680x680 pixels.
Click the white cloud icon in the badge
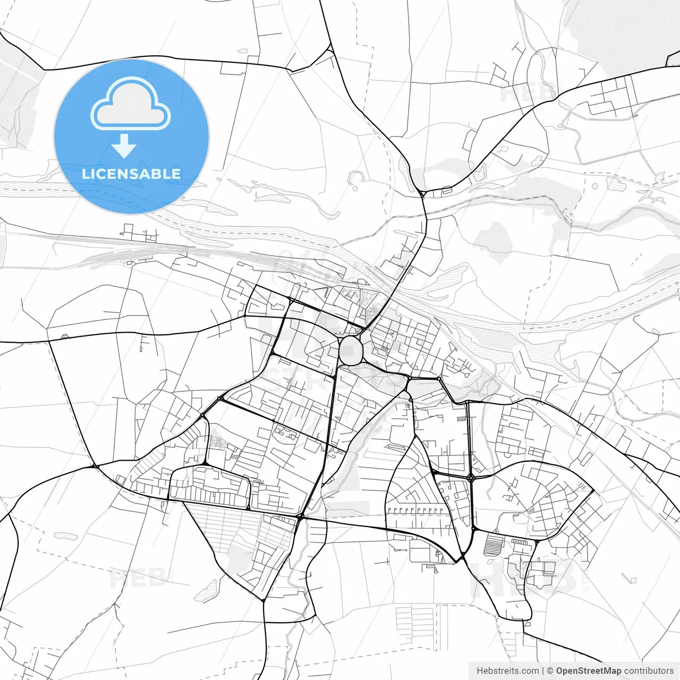tap(131, 105)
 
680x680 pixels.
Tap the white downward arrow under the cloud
tap(124, 146)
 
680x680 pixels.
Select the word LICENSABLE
tap(131, 174)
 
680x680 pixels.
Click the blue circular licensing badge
tap(131, 137)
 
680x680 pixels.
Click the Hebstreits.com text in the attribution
tap(507, 671)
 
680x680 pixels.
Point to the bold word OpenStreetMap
tap(588, 671)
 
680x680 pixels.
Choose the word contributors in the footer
tap(649, 671)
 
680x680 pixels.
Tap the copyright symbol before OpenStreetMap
tap(550, 671)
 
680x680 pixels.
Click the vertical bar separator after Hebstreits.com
tap(543, 671)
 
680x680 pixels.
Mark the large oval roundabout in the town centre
tap(350, 350)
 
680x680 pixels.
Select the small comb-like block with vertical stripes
tap(521, 542)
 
